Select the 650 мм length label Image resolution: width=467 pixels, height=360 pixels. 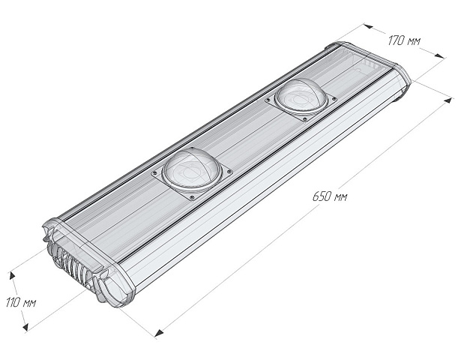tap(331, 196)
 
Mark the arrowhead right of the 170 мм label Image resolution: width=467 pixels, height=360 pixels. tap(437, 54)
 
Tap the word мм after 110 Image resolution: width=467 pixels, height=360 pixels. tap(31, 303)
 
